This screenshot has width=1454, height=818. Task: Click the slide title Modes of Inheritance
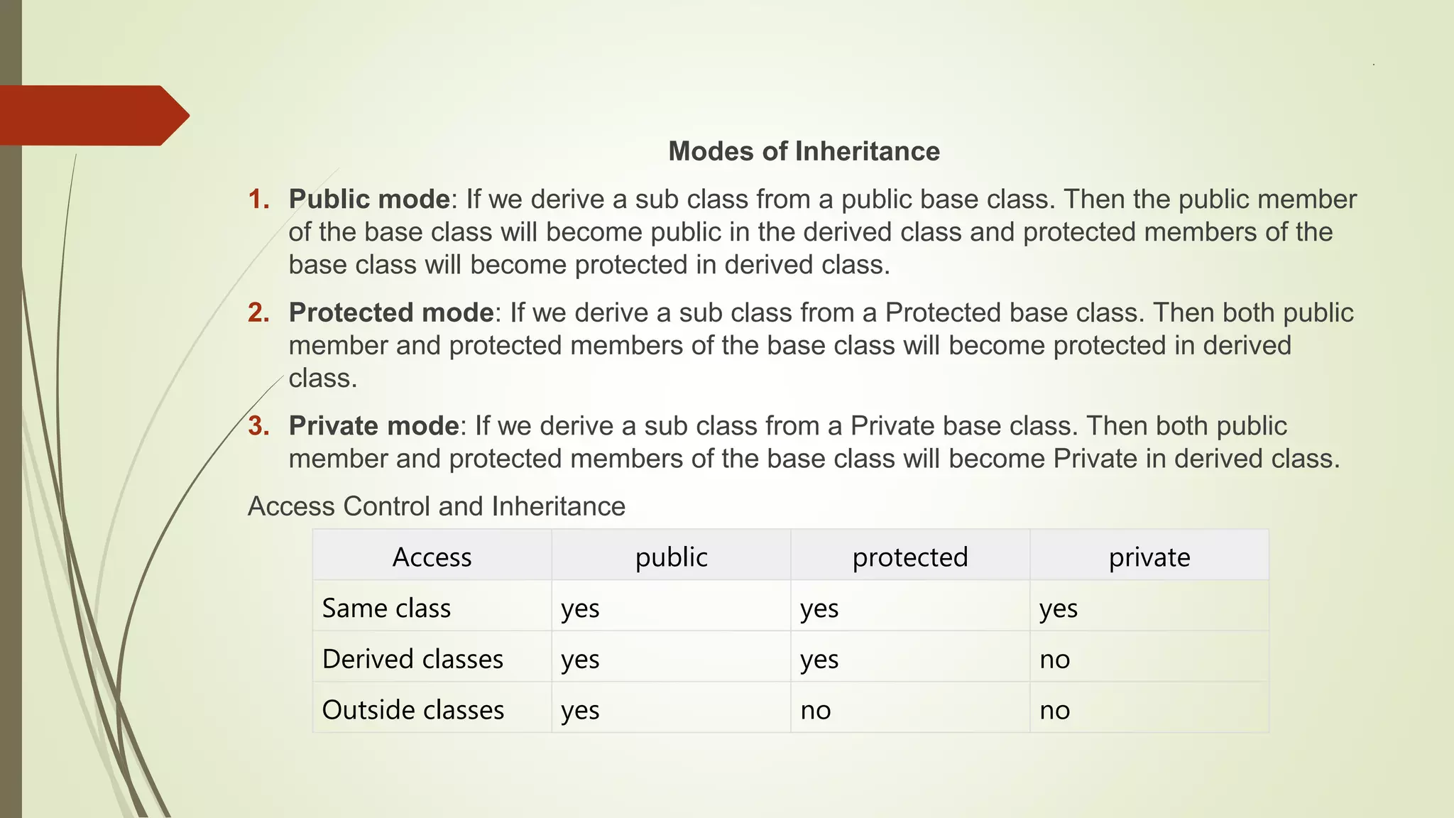coord(804,151)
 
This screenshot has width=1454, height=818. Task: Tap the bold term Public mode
coord(369,200)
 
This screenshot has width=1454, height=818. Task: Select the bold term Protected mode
coord(391,312)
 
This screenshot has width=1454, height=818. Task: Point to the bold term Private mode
coord(374,426)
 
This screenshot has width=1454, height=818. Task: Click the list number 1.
coord(258,200)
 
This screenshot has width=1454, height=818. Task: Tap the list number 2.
coord(258,312)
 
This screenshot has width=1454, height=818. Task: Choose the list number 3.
coord(258,426)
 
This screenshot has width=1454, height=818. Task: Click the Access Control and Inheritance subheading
coord(436,506)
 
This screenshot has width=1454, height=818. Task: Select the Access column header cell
coord(432,557)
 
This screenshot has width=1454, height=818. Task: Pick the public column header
coord(671,557)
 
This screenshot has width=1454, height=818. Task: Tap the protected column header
coord(910,557)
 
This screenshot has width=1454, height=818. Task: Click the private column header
coord(1149,557)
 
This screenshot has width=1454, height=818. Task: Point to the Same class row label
coord(386,609)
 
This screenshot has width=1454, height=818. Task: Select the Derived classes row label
coord(412,659)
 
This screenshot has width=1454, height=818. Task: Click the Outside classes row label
coord(413,710)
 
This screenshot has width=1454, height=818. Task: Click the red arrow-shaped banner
coord(92,116)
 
